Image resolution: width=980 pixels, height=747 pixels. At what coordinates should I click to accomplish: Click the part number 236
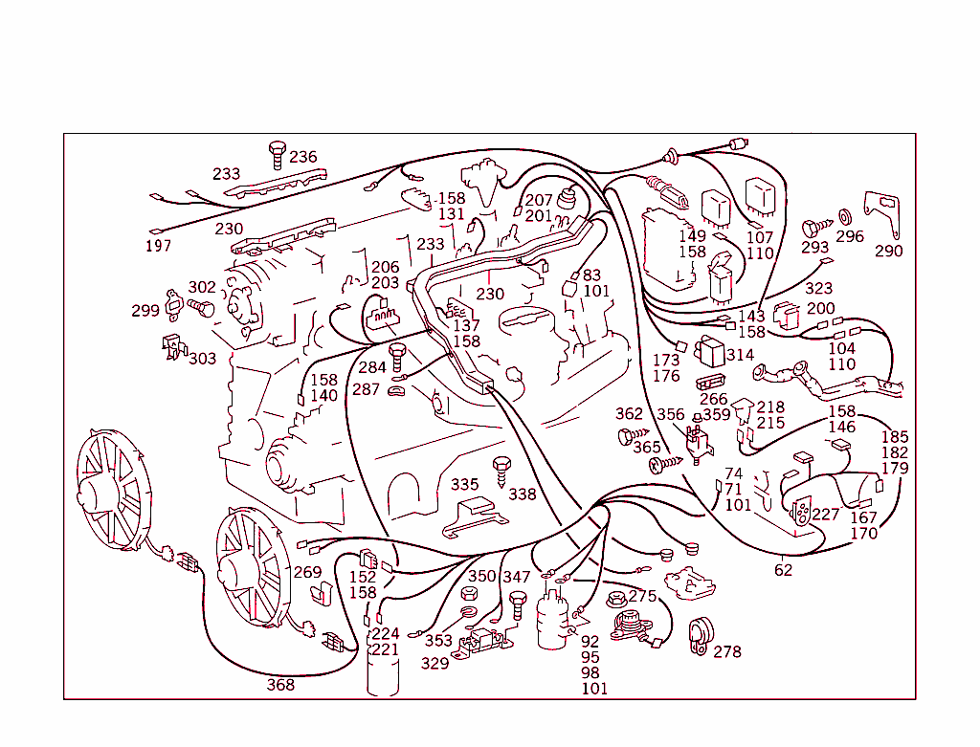[x=303, y=157]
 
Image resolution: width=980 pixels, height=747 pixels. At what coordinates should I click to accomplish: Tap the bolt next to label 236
[x=277, y=152]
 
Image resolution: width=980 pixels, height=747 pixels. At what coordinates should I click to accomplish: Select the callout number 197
[x=158, y=246]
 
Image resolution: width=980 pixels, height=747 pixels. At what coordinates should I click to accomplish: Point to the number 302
[x=202, y=287]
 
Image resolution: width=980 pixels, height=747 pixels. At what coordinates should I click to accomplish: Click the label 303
[x=202, y=358]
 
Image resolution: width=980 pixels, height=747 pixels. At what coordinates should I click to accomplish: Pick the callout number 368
[x=280, y=685]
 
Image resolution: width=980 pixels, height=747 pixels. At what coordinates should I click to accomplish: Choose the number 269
[x=307, y=572]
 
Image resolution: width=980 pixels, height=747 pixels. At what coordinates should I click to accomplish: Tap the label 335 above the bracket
[x=465, y=485]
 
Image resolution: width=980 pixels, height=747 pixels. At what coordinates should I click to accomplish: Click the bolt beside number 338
[x=500, y=471]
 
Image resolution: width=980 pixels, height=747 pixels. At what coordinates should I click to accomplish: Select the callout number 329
[x=434, y=663]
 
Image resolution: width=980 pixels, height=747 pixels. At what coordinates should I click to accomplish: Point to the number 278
[x=727, y=651]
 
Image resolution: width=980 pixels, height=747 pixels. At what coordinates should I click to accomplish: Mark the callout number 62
[x=784, y=571]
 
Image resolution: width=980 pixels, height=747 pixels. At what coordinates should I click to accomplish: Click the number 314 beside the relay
[x=740, y=355]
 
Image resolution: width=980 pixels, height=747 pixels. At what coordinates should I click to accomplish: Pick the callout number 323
[x=818, y=288]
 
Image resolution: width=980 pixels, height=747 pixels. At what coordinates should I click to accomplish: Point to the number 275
[x=642, y=596]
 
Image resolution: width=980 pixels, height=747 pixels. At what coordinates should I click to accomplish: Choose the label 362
[x=629, y=414]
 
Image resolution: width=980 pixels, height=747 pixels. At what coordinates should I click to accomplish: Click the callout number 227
[x=825, y=515]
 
